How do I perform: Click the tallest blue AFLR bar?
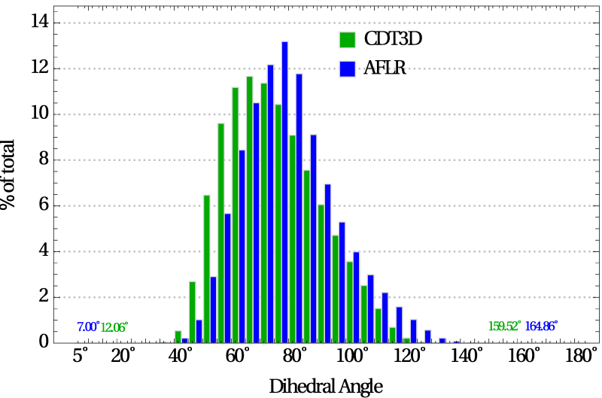coord(284,193)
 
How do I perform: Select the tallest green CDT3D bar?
coord(250,210)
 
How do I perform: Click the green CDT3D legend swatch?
coord(348,40)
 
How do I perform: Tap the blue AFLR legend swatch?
coord(348,68)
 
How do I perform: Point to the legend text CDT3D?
coord(393,39)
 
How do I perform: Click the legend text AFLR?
coord(385,68)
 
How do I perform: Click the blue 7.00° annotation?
coord(88,327)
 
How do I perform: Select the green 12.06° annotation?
coord(114,327)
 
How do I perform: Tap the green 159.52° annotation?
coord(505,327)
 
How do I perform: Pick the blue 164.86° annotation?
coord(541,327)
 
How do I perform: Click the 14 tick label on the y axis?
coord(40,21)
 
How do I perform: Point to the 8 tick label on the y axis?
coord(44,159)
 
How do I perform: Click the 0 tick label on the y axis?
coord(44,342)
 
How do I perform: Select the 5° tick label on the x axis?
coord(81,356)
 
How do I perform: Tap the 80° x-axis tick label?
coord(295,356)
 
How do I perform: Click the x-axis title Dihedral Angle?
coord(326,387)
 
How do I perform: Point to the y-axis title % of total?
coord(8,175)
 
